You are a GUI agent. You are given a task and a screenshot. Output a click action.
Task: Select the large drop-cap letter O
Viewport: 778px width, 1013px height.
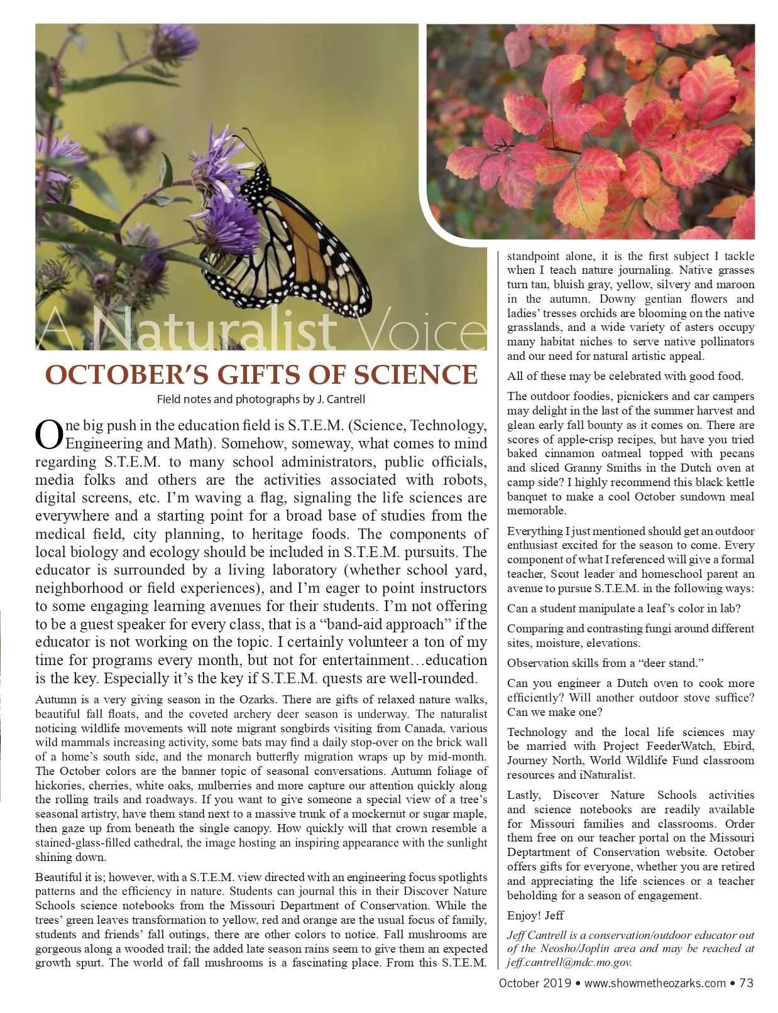pyautogui.click(x=50, y=435)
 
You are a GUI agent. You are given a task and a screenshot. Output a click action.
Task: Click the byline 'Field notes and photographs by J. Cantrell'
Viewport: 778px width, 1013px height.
pyautogui.click(x=261, y=399)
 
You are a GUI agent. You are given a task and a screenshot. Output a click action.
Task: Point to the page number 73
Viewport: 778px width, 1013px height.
pyautogui.click(x=747, y=983)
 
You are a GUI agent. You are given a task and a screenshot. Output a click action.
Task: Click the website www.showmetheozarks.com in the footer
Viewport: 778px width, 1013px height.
pyautogui.click(x=655, y=983)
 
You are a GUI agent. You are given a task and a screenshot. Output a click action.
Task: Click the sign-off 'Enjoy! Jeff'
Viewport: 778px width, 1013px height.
pyautogui.click(x=535, y=915)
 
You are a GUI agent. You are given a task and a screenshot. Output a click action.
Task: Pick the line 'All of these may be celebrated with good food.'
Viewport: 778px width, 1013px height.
pyautogui.click(x=625, y=376)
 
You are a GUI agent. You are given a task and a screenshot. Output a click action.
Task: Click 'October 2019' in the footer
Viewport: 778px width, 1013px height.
pyautogui.click(x=535, y=983)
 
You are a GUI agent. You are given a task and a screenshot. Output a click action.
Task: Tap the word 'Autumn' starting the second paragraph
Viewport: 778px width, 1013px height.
pyautogui.click(x=54, y=700)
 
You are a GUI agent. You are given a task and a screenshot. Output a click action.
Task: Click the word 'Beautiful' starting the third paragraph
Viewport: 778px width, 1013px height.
pyautogui.click(x=57, y=877)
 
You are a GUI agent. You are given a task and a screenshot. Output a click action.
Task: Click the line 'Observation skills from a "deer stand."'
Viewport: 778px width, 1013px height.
pyautogui.click(x=605, y=663)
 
